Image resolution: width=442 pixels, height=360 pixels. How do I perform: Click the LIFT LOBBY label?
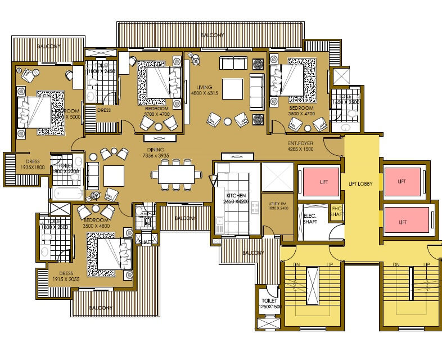(360, 183)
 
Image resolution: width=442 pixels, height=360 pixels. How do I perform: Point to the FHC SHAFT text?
(336, 213)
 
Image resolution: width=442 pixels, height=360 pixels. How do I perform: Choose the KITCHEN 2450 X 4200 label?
(236, 198)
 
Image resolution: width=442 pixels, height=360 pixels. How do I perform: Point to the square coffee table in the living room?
(232, 88)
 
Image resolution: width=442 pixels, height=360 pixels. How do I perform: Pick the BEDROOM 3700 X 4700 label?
(157, 111)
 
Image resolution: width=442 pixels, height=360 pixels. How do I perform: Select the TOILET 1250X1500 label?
(269, 304)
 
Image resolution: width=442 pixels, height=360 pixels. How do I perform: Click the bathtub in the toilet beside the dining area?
(67, 193)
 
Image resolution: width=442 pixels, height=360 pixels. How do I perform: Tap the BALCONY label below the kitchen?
(252, 253)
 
